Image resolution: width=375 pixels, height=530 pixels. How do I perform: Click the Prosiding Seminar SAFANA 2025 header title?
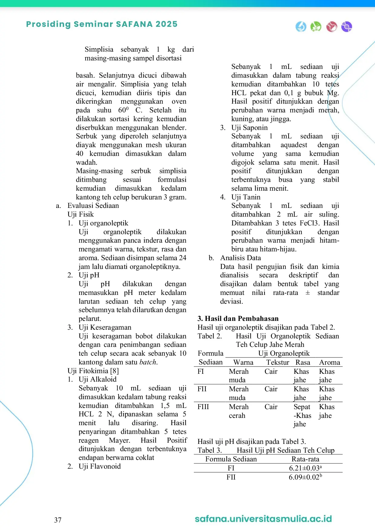tap(102, 24)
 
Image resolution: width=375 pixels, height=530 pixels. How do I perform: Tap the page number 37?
tap(58, 520)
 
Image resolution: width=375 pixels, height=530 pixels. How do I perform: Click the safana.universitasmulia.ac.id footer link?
tap(263, 519)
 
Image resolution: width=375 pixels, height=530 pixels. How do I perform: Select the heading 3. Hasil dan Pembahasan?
tap(238, 318)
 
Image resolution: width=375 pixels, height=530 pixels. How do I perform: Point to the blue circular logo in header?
tap(301, 27)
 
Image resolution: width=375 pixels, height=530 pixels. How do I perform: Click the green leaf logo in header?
tap(316, 27)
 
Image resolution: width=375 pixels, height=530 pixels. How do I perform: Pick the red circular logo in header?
tap(332, 27)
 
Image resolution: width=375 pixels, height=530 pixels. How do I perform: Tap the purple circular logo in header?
tap(347, 27)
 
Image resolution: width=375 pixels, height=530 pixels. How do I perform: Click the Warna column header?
tap(243, 362)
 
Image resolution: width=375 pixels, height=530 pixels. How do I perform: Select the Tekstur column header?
tap(277, 362)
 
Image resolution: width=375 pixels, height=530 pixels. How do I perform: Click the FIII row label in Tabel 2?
tap(203, 407)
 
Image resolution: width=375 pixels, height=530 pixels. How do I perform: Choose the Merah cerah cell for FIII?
tap(239, 411)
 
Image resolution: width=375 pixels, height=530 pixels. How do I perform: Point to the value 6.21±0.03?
tap(305, 468)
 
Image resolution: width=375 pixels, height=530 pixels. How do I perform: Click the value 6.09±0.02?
tap(305, 477)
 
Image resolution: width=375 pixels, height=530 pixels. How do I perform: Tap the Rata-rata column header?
tap(305, 459)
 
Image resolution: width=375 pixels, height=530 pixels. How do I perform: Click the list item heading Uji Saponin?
tap(249, 128)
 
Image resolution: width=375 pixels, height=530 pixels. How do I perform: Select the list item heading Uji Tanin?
tap(246, 197)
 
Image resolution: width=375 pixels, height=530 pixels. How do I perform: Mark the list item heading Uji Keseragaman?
tap(105, 327)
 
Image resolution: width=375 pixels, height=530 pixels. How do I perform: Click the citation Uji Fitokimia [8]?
tap(93, 371)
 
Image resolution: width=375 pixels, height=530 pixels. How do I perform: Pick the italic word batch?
tap(148, 362)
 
